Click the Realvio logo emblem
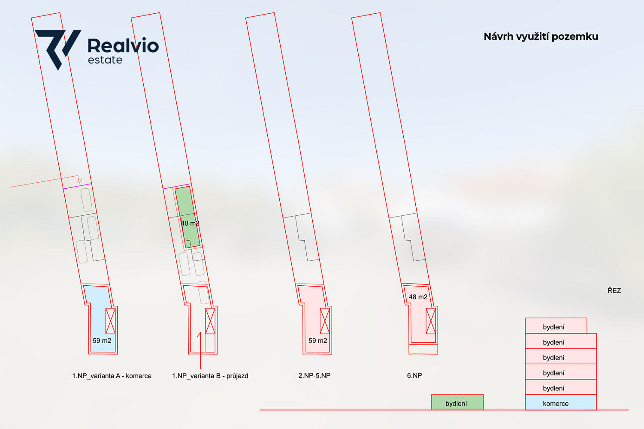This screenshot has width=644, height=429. (x=58, y=49)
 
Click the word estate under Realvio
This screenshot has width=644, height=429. (x=105, y=60)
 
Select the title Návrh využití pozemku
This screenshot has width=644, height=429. (x=541, y=36)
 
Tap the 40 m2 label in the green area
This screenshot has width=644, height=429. (x=190, y=223)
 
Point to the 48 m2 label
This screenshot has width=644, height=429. (x=418, y=297)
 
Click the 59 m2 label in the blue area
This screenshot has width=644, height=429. (x=102, y=341)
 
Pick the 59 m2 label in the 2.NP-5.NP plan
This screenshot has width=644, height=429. (x=317, y=341)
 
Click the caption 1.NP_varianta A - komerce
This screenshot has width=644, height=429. (x=112, y=376)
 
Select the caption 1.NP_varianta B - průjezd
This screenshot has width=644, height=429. (x=210, y=376)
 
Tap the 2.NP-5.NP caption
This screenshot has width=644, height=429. (x=314, y=375)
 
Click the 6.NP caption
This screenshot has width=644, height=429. (x=414, y=375)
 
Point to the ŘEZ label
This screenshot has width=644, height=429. (x=614, y=290)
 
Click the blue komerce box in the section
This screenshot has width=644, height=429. (x=561, y=402)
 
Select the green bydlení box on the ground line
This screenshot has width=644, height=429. (x=457, y=402)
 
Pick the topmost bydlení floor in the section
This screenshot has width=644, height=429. (x=556, y=326)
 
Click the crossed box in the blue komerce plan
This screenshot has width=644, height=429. (x=111, y=321)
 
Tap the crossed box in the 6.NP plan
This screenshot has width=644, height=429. (x=431, y=321)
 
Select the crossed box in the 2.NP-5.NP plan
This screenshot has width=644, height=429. (x=325, y=321)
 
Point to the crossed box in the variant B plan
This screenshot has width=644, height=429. (x=210, y=321)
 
